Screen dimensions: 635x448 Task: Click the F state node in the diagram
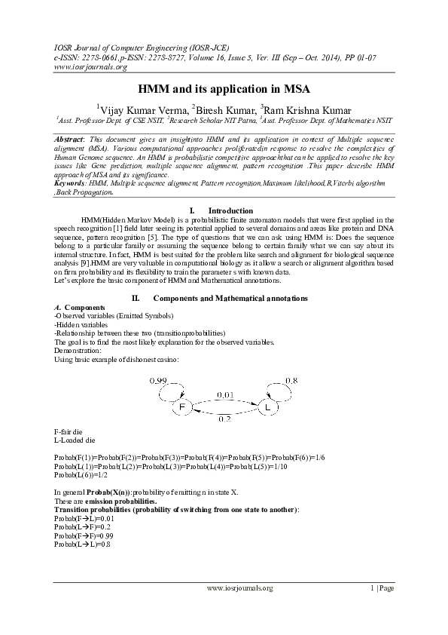[181, 408]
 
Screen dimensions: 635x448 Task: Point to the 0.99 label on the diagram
[158, 381]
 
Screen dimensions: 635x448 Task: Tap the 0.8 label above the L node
[291, 381]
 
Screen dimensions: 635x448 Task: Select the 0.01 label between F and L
[225, 394]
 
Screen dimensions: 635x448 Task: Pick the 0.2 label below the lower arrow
[224, 419]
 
